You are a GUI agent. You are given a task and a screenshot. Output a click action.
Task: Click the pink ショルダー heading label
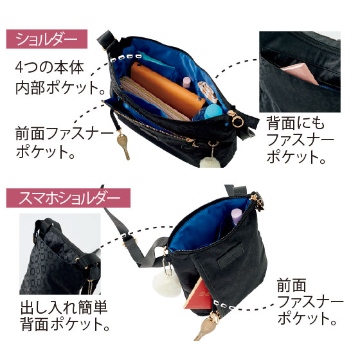point(46,39)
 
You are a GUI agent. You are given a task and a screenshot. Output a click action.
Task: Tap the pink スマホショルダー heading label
point(68,198)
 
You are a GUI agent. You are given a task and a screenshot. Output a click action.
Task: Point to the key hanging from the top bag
point(123,146)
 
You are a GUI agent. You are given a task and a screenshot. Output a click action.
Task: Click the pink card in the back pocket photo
point(300,73)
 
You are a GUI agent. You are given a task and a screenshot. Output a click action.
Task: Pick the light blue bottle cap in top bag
point(214,111)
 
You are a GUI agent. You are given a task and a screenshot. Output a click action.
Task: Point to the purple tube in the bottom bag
point(237,216)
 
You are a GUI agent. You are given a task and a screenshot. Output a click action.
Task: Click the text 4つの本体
point(50,67)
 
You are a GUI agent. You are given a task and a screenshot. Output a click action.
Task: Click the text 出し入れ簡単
point(64,307)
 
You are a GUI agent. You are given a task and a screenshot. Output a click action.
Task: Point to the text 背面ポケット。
point(65,324)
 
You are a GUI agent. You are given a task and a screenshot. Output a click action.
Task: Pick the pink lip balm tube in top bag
point(187,83)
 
